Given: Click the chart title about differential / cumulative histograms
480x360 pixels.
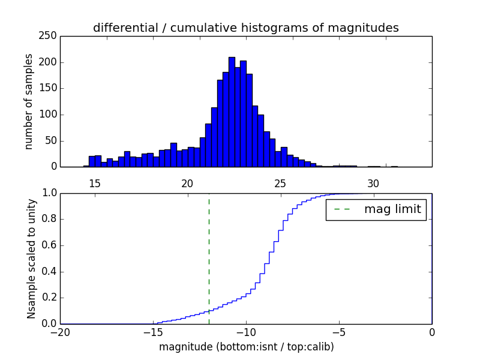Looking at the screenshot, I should (x=245, y=28).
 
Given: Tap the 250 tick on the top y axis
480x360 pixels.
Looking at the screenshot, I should (x=50, y=36).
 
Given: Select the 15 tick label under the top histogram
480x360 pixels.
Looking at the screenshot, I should (x=94, y=184).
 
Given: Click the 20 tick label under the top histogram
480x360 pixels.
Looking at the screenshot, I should (x=187, y=184).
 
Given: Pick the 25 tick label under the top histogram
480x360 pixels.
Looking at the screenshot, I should (x=280, y=184).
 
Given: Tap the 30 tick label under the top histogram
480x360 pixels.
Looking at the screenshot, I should (x=373, y=184).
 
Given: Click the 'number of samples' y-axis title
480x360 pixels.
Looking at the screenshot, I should (x=29, y=101).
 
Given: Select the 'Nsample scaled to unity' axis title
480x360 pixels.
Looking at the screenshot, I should (x=32, y=259).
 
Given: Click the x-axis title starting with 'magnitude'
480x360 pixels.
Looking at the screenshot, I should (x=246, y=347).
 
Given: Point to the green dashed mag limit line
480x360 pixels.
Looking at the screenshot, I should (x=209, y=258).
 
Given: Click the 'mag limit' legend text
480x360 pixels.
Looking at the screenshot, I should (x=392, y=209).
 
